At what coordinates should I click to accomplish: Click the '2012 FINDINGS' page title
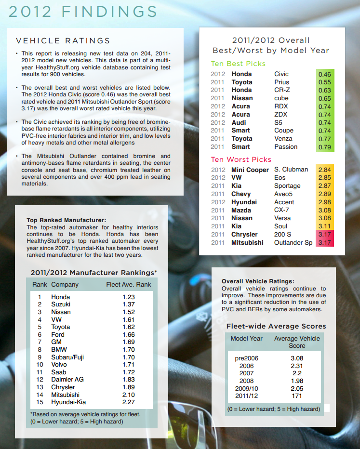coord(83,12)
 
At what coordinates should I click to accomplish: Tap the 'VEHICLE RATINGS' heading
coord(63,41)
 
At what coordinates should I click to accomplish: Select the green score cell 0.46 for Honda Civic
coord(325,74)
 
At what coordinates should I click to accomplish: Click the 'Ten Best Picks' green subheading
coord(238,64)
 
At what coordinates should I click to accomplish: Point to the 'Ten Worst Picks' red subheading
coord(241,159)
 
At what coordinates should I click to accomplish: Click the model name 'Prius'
coord(282,82)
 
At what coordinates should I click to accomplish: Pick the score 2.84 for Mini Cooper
coord(325,170)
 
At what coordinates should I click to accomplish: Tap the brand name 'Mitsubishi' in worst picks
coord(247,242)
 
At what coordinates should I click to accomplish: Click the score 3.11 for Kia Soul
coord(325,226)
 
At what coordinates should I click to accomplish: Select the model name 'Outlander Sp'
coord(293,242)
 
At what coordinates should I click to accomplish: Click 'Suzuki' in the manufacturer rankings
coord(61,304)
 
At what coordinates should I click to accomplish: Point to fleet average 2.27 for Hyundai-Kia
coord(129,402)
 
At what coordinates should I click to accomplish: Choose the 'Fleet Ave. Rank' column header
coord(128,285)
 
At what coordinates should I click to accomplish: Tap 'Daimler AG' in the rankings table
coord(67,380)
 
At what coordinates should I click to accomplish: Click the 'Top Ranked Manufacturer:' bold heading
coord(66,220)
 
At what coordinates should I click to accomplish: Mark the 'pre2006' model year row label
coord(246,358)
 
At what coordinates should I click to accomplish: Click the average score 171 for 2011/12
coord(297,396)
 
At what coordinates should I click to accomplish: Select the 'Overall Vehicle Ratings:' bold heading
coord(258,281)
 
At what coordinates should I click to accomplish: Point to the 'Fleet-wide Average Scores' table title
coord(276,326)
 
